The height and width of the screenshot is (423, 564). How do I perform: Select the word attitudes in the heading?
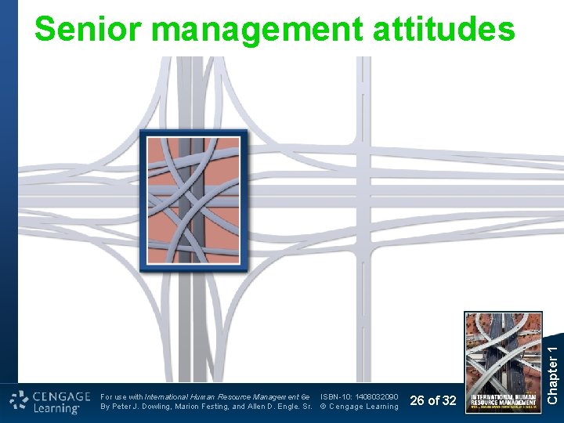click(x=443, y=30)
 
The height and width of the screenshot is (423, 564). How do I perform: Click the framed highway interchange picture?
click(x=193, y=201)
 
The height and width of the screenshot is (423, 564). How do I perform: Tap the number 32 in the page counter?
click(x=449, y=401)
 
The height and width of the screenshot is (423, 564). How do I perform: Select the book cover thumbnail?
click(x=503, y=363)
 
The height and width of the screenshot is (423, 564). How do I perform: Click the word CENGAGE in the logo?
click(x=63, y=396)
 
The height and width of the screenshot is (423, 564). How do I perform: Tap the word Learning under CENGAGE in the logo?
click(x=56, y=409)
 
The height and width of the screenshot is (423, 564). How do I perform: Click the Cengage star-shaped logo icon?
click(x=19, y=402)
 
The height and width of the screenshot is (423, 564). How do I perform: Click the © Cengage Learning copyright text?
click(x=360, y=407)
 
